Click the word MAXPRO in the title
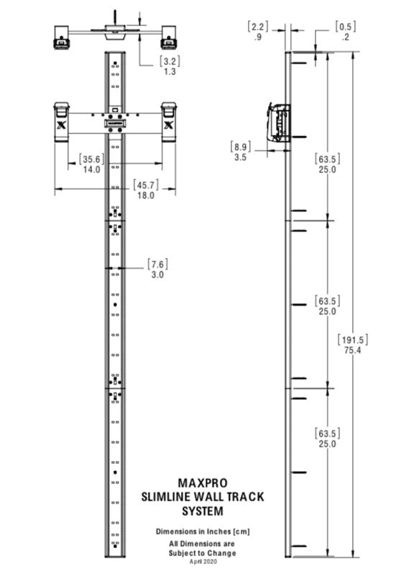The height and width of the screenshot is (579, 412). [x=202, y=483]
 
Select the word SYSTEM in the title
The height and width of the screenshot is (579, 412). [x=203, y=511]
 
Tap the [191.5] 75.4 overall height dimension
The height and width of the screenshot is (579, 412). [x=352, y=345]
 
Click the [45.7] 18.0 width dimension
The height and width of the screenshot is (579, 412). [x=146, y=190]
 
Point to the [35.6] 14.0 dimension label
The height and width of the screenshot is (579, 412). [x=91, y=164]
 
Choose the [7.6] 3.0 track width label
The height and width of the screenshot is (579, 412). [x=157, y=269]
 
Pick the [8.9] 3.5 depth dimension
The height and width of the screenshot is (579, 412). [x=240, y=152]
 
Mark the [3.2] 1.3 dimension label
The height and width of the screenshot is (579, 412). [x=170, y=66]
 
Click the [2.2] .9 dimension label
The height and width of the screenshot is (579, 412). [x=258, y=32]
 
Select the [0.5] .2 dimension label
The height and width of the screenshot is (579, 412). [x=346, y=32]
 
